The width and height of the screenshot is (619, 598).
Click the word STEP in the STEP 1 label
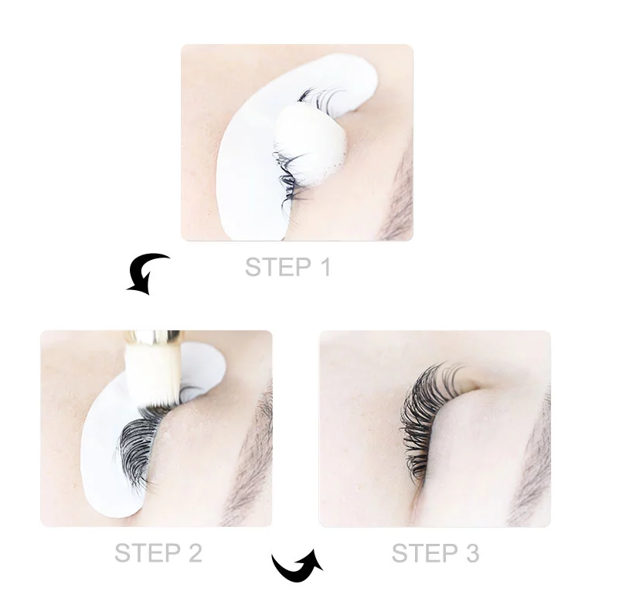278,267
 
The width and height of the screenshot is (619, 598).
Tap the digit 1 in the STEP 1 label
325,267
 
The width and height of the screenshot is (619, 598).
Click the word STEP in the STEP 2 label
148,552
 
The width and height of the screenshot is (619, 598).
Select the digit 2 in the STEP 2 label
195,552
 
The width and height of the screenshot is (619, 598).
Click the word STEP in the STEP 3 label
424,552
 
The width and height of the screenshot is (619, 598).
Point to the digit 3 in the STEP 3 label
472,552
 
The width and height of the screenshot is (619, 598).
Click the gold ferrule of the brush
153,337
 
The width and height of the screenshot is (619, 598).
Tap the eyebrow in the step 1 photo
399,193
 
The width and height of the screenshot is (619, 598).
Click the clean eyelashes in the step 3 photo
424,415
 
